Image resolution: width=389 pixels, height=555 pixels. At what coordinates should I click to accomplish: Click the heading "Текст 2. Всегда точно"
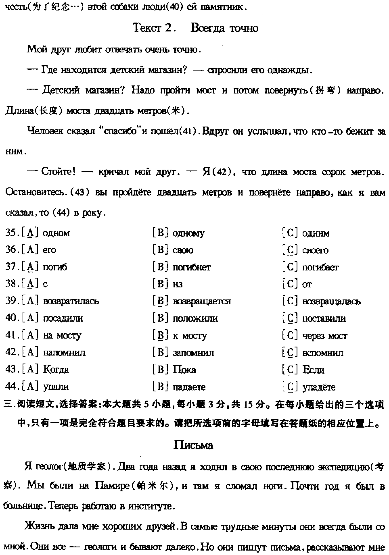(195, 28)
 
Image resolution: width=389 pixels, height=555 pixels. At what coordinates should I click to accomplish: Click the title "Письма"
(193, 445)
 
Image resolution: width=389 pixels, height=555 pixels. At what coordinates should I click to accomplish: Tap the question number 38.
(10, 284)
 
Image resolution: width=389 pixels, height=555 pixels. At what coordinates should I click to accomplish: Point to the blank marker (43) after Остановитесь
(79, 193)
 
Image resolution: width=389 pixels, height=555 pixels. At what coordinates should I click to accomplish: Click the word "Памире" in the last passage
(111, 486)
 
